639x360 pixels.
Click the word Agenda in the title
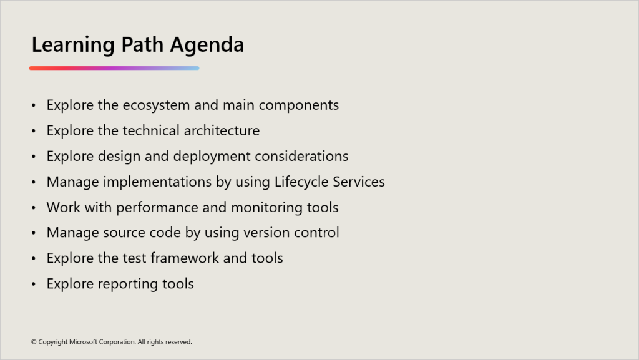click(207, 45)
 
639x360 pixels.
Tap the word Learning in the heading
click(73, 45)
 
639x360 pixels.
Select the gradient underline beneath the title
click(114, 68)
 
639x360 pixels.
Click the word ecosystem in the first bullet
click(156, 105)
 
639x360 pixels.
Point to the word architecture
click(222, 131)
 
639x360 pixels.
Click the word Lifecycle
click(301, 182)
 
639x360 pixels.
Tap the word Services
click(359, 182)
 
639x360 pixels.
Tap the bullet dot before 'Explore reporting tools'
click(34, 285)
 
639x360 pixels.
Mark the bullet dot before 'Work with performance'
click(34, 208)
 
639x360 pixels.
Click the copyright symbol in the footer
click(34, 342)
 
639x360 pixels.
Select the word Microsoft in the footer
click(83, 342)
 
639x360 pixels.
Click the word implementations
click(157, 182)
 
